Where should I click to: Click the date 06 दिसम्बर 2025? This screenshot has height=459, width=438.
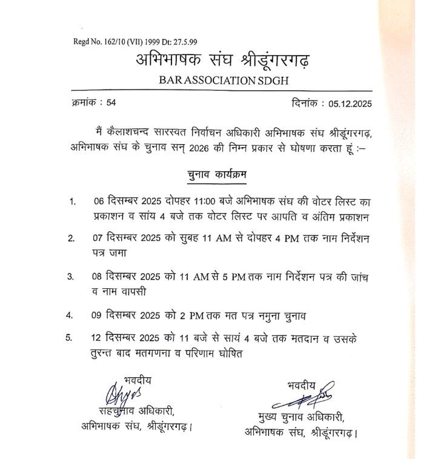click(x=130, y=201)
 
